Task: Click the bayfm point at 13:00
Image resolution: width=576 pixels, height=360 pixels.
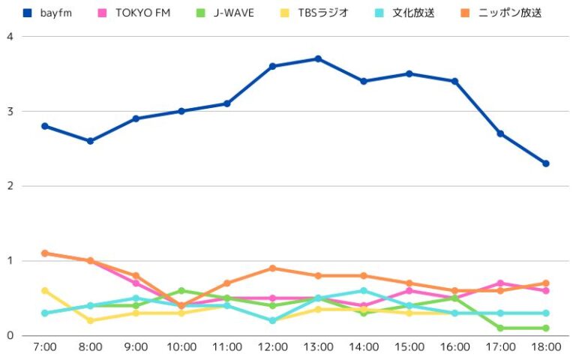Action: point(318,58)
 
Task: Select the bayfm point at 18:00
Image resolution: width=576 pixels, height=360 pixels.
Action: point(546,163)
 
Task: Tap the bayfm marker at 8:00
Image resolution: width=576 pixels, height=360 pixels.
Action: point(90,141)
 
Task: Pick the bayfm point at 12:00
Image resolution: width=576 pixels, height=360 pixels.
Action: point(272,66)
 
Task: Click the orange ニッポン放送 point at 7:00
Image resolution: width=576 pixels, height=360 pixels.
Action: point(45,253)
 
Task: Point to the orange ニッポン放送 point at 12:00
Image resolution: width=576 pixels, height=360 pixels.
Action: point(272,268)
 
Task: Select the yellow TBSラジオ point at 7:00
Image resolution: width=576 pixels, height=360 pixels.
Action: point(45,290)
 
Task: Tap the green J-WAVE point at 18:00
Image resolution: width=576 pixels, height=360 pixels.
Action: point(546,328)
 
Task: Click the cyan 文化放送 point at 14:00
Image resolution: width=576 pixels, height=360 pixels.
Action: point(364,291)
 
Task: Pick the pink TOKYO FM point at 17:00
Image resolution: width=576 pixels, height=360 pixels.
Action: point(500,283)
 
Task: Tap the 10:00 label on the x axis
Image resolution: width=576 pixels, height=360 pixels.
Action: point(181,347)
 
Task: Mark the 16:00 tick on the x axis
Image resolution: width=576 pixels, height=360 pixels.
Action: point(454,347)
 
